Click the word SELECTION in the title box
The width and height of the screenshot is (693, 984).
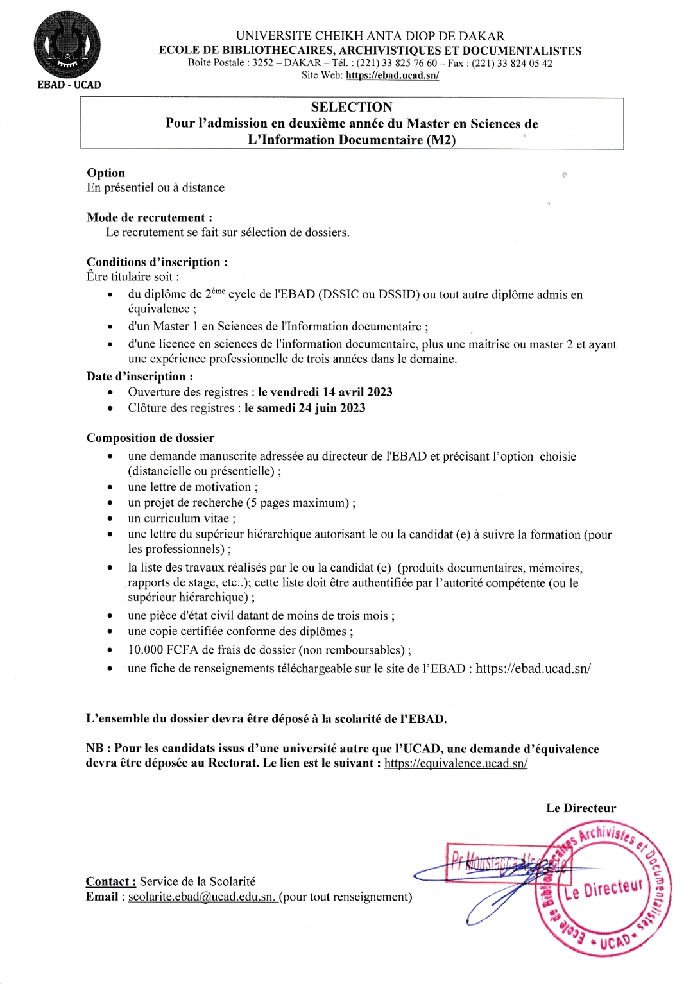click(x=352, y=107)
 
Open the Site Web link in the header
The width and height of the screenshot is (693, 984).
click(x=392, y=75)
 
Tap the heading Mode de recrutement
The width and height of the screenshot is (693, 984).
click(x=150, y=217)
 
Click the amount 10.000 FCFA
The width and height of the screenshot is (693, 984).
click(x=163, y=649)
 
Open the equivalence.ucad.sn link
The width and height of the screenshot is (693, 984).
click(x=456, y=763)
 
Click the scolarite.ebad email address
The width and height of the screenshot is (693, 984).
click(x=201, y=897)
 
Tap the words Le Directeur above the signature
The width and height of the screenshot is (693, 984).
click(x=581, y=808)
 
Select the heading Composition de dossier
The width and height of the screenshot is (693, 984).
click(x=150, y=437)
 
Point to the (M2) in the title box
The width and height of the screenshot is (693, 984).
click(x=441, y=140)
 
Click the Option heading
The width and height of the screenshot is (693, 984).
click(x=106, y=173)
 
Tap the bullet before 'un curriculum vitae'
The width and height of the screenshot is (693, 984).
click(x=110, y=519)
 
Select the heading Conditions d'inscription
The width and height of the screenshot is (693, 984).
click(x=157, y=262)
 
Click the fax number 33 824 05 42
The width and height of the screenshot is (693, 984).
click(x=512, y=63)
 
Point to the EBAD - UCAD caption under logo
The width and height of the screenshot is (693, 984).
click(x=69, y=85)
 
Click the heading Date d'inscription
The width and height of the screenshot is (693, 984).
click(x=140, y=377)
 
